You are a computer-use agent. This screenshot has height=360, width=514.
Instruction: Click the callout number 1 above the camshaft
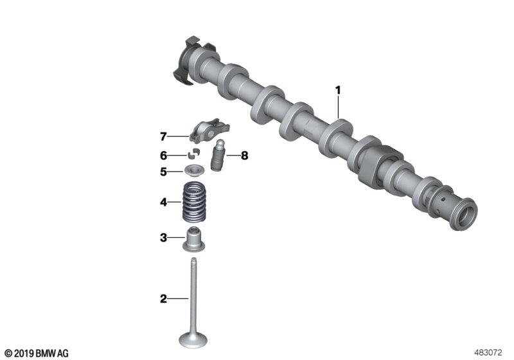click(x=338, y=90)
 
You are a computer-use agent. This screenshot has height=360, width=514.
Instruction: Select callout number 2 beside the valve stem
click(x=163, y=299)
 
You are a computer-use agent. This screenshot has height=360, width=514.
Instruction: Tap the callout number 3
click(x=163, y=237)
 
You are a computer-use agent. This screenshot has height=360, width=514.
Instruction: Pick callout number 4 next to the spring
click(x=163, y=202)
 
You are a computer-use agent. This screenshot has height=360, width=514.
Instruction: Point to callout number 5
click(x=163, y=172)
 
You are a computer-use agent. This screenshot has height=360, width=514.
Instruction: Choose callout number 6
click(x=163, y=155)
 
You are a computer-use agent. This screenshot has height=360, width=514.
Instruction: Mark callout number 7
click(x=163, y=136)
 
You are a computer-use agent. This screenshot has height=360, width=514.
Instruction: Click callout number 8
click(x=245, y=156)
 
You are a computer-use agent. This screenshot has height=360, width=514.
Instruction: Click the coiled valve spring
click(x=193, y=202)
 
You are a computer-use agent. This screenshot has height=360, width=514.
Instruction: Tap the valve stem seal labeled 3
click(x=193, y=239)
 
